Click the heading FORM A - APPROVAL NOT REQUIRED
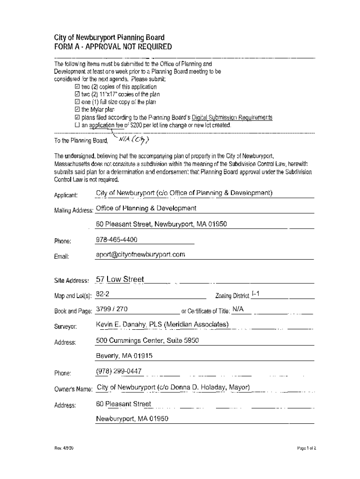coord(113,47)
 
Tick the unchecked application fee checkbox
coord(78,126)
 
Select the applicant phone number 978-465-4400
coord(116,239)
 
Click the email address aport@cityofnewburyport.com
coord(140,255)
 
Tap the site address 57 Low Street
coord(120,280)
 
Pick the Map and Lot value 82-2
coord(102,295)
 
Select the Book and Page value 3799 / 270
coord(112,310)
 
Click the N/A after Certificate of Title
coord(238,310)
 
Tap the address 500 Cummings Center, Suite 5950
coord(147,341)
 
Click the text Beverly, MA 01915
coord(124,356)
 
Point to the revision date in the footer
coord(64,448)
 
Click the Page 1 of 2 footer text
coord(306,448)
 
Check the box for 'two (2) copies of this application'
coord(78,87)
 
